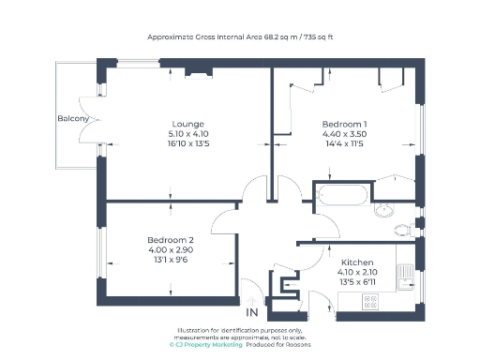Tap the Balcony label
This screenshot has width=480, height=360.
pos(73,119)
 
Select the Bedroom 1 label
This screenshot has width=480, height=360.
pos(344,124)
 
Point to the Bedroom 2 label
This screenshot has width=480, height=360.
pos(170,239)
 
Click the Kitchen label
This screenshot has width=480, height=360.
pos(357,262)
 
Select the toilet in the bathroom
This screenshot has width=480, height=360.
pos(403,230)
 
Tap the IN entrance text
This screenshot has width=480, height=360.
pos(251,312)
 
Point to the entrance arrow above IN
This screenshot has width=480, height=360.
pos(251,298)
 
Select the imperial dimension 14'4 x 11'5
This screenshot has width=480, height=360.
pos(344,144)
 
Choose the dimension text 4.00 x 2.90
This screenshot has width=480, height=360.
pos(170,249)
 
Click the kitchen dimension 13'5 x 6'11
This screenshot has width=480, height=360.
pos(357,282)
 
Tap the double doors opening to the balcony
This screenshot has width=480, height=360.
pos(97,119)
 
